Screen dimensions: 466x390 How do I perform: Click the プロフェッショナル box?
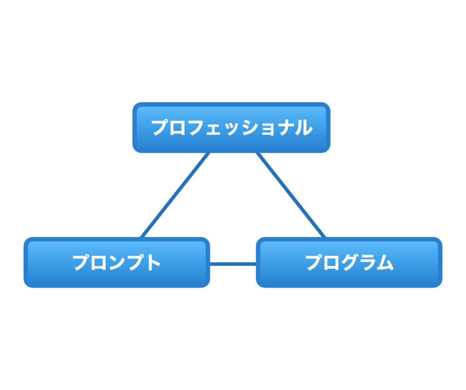tap(231, 127)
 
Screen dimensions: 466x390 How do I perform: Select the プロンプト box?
tap(117, 262)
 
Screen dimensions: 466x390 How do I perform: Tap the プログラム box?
tap(349, 262)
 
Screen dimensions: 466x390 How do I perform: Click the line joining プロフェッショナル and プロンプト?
tap(175, 195)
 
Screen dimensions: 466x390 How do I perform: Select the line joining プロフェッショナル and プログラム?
tap(291, 195)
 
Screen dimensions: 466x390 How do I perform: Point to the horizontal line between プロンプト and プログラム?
tap(233, 264)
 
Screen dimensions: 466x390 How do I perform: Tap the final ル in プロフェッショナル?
tap(304, 127)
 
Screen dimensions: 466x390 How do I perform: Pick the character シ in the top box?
tap(250, 127)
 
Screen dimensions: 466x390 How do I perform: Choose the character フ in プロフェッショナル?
tap(197, 127)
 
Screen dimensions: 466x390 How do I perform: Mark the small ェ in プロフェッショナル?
tap(213, 129)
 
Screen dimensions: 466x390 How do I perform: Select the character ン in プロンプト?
tap(117, 263)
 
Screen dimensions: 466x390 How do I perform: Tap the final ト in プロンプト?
tap(153, 262)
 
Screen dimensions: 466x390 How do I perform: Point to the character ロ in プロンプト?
tap(99, 263)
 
